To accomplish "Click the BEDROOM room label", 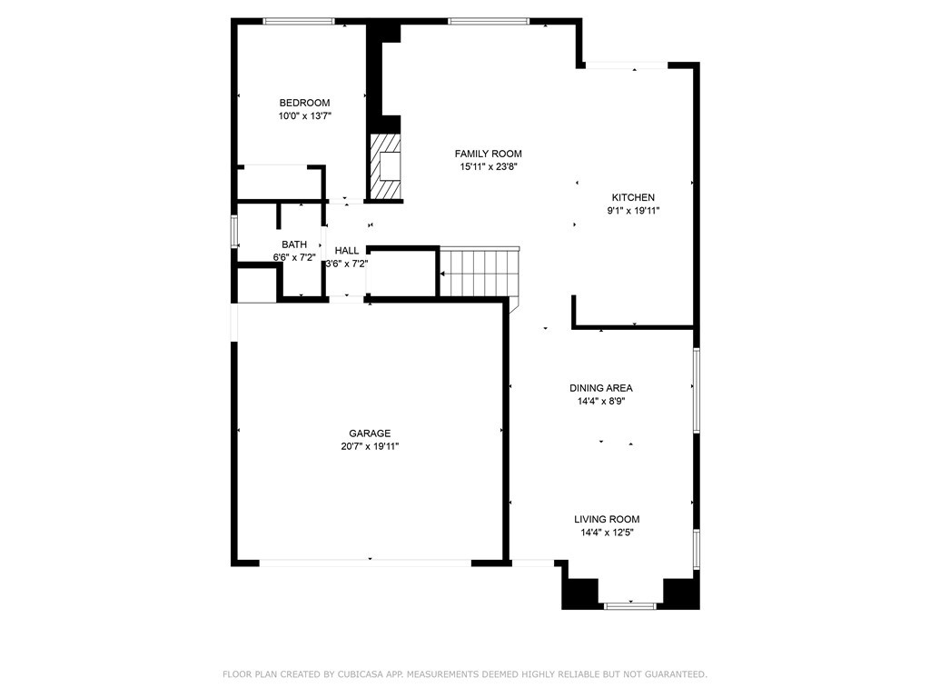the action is [x=304, y=103].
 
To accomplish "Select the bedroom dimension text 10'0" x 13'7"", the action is [x=304, y=116].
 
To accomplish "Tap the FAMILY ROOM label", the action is [x=488, y=154].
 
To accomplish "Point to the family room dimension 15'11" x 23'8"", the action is [x=489, y=167].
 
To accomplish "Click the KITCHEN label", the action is [x=633, y=197].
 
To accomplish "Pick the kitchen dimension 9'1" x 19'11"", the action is [x=633, y=211].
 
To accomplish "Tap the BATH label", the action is [x=294, y=244].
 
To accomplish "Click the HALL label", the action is [x=346, y=251].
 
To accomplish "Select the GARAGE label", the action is [x=370, y=434].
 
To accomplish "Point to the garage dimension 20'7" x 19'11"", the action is [x=370, y=447].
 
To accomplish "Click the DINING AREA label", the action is [x=601, y=388].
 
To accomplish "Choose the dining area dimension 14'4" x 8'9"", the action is [x=601, y=402].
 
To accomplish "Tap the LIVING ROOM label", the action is [x=607, y=519].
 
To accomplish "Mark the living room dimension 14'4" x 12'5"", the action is [x=607, y=533].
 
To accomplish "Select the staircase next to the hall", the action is [x=480, y=273].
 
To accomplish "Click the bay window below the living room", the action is [x=630, y=605].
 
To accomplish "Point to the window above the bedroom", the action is [x=299, y=22].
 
